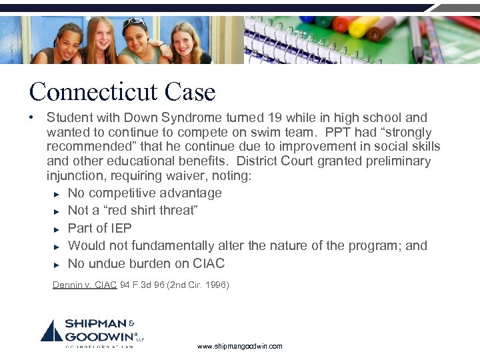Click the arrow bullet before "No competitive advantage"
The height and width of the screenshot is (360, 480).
coord(57,194)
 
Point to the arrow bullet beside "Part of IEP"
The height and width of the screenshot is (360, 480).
coord(57,229)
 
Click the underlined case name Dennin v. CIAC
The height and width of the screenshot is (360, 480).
coord(85,285)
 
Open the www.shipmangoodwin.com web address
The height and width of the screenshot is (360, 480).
coord(240,347)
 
